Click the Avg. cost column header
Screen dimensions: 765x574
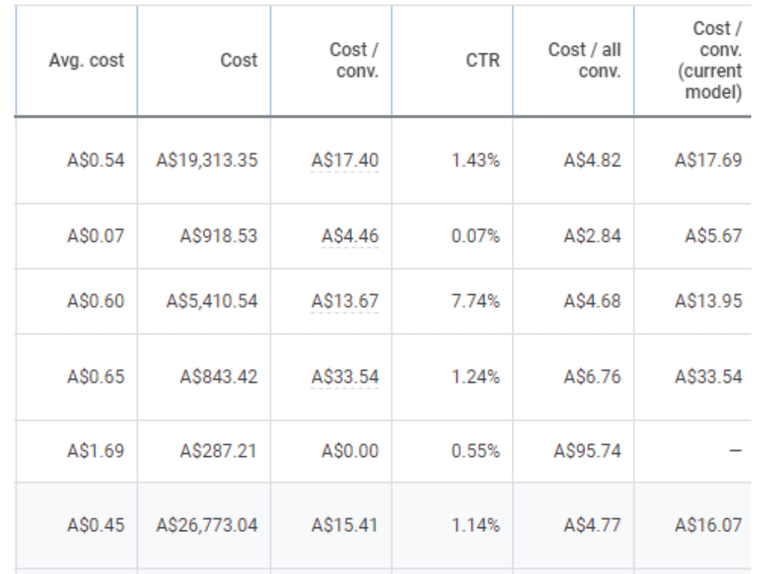(x=86, y=60)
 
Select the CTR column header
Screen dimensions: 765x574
(x=483, y=60)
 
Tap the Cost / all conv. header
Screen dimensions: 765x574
(x=584, y=60)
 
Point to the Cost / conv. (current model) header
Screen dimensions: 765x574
(x=710, y=60)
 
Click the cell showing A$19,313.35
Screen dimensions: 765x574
(x=207, y=160)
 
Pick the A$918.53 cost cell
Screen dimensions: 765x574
(x=219, y=236)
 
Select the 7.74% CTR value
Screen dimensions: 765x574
(x=476, y=301)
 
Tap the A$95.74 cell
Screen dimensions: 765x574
(x=588, y=451)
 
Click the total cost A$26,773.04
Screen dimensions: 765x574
(x=207, y=525)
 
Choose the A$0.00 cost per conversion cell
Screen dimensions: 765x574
(x=350, y=451)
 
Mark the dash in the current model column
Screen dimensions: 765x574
(x=735, y=451)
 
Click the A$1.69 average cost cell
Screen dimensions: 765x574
(x=96, y=451)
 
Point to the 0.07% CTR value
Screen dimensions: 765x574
(x=476, y=236)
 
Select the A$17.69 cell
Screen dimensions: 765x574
(x=708, y=160)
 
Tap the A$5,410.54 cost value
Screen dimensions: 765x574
(x=212, y=301)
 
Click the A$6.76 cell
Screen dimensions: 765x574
(x=592, y=377)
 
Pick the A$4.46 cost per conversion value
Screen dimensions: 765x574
(x=350, y=236)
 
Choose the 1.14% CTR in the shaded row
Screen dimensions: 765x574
(x=476, y=525)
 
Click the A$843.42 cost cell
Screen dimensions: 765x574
(x=219, y=377)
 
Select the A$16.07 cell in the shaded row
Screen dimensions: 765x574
(x=708, y=525)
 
